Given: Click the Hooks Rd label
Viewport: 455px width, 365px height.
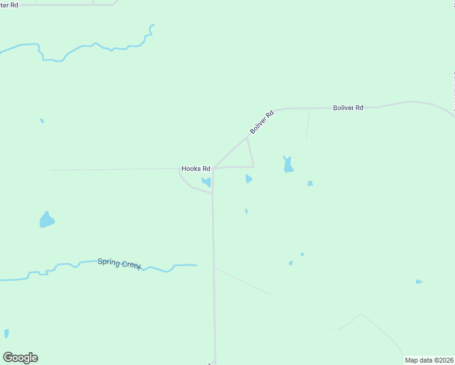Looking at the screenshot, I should pos(196,169).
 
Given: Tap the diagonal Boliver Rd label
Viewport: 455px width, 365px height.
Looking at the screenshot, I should pos(262,122).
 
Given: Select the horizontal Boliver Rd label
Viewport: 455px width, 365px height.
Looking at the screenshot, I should pos(348,108).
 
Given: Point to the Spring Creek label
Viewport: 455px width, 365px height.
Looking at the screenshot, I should pos(119,264).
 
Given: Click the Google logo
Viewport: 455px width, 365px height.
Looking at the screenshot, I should pos(20,358).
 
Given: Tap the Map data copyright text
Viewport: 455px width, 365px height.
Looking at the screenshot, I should pos(429,360).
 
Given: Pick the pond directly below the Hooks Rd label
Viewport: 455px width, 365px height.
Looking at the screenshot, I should pos(207,182).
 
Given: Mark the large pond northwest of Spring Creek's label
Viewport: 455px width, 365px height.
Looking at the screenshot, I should pos(46,220).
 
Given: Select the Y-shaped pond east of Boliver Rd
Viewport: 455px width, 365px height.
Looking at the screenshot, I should pos(288,165).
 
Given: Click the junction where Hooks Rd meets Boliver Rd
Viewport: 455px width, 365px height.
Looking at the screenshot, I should pos(213,169).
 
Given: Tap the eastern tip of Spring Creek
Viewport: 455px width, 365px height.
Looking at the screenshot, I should pos(196,265).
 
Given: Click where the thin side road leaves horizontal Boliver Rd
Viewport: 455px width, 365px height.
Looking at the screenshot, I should pos(310,109).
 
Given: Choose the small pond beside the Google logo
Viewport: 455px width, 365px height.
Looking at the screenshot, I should pos(7,333).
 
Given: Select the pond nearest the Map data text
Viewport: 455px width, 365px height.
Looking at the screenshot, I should pos(419,282).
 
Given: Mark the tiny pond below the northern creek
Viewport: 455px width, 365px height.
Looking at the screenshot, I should pos(42,121).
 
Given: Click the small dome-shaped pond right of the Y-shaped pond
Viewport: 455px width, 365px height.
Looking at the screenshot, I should pos(310,183).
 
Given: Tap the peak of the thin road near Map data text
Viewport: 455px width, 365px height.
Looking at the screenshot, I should pos(361,315).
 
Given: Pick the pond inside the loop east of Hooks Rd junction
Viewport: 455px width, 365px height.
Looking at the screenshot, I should pos(248,179).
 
